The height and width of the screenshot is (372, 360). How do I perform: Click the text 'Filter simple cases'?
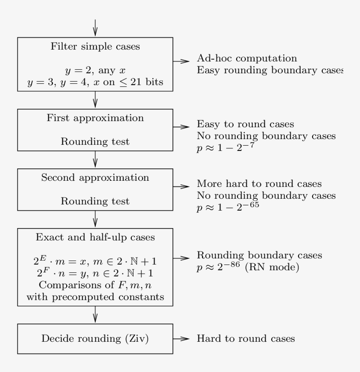click(95, 47)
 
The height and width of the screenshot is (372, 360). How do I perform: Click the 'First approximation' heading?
click(95, 118)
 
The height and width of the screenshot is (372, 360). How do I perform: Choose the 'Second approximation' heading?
click(95, 179)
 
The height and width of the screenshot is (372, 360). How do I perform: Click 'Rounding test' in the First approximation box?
click(95, 142)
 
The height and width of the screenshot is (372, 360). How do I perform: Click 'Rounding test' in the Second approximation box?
click(95, 202)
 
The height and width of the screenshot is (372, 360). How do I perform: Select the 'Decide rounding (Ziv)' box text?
click(95, 338)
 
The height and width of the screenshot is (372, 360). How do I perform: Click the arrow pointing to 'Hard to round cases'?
click(182, 338)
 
